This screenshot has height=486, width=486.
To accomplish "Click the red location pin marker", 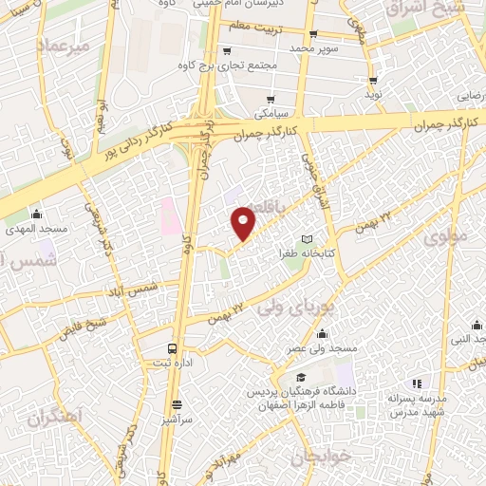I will (x=244, y=222).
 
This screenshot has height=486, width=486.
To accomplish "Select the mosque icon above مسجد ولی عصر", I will (x=324, y=333).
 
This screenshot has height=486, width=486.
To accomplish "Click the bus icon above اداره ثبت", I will (x=172, y=347).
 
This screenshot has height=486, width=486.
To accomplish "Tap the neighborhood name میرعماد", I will (x=64, y=47).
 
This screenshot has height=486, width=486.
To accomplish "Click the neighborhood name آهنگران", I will (x=53, y=416).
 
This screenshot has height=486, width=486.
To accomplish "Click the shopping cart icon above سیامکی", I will (x=272, y=99).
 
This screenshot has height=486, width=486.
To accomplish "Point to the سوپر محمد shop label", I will (x=314, y=47).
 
